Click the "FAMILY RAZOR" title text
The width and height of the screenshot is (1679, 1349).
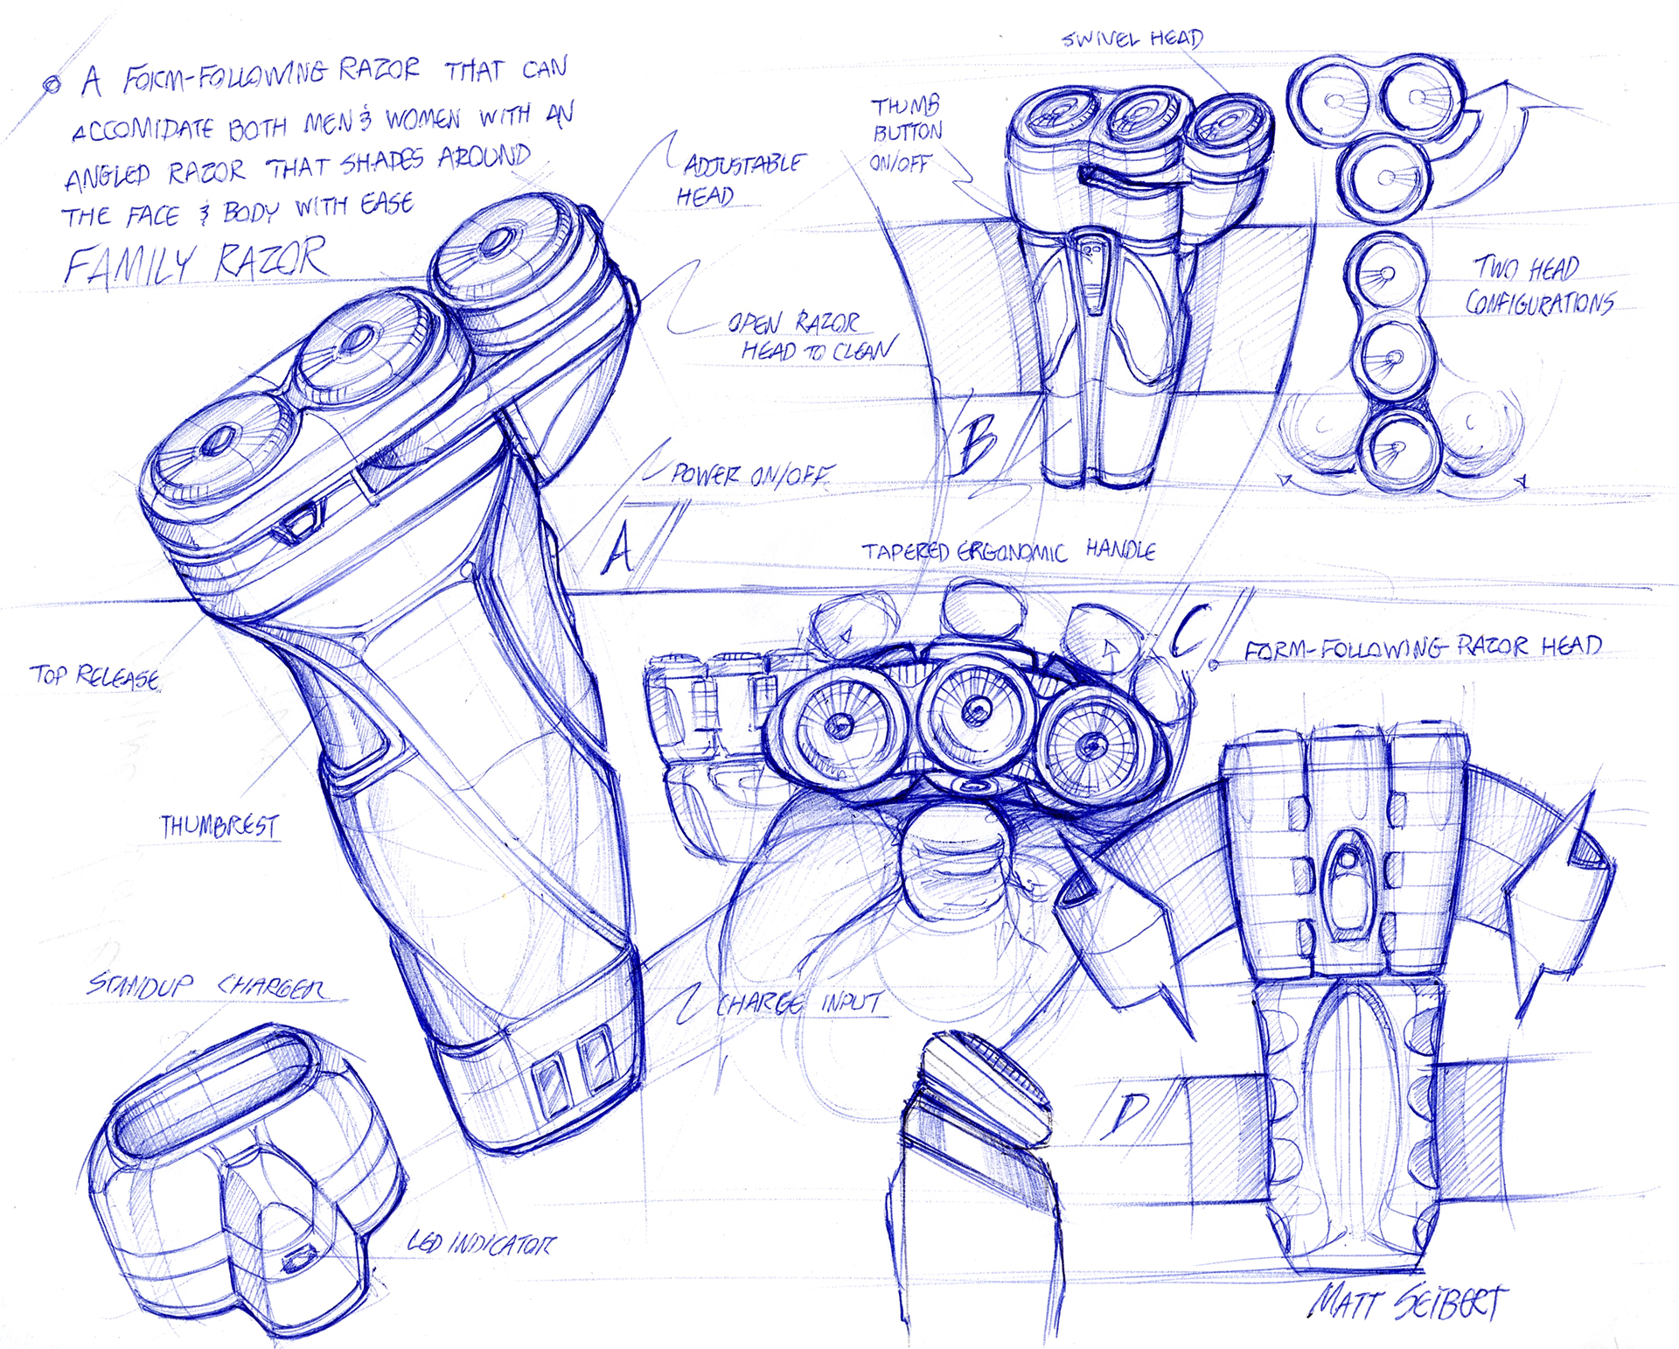click(197, 261)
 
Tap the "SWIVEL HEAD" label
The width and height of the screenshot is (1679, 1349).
click(1132, 38)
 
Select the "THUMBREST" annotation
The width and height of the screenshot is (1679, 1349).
click(219, 826)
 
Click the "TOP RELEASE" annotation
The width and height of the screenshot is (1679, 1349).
click(94, 676)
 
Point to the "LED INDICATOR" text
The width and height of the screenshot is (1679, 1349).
click(481, 1243)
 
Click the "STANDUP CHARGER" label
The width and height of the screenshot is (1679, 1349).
click(206, 986)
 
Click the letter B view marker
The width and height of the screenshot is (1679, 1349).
click(978, 443)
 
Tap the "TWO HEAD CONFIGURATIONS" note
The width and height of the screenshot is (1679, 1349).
click(1539, 285)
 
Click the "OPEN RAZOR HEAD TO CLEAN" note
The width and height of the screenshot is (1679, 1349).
click(809, 337)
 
